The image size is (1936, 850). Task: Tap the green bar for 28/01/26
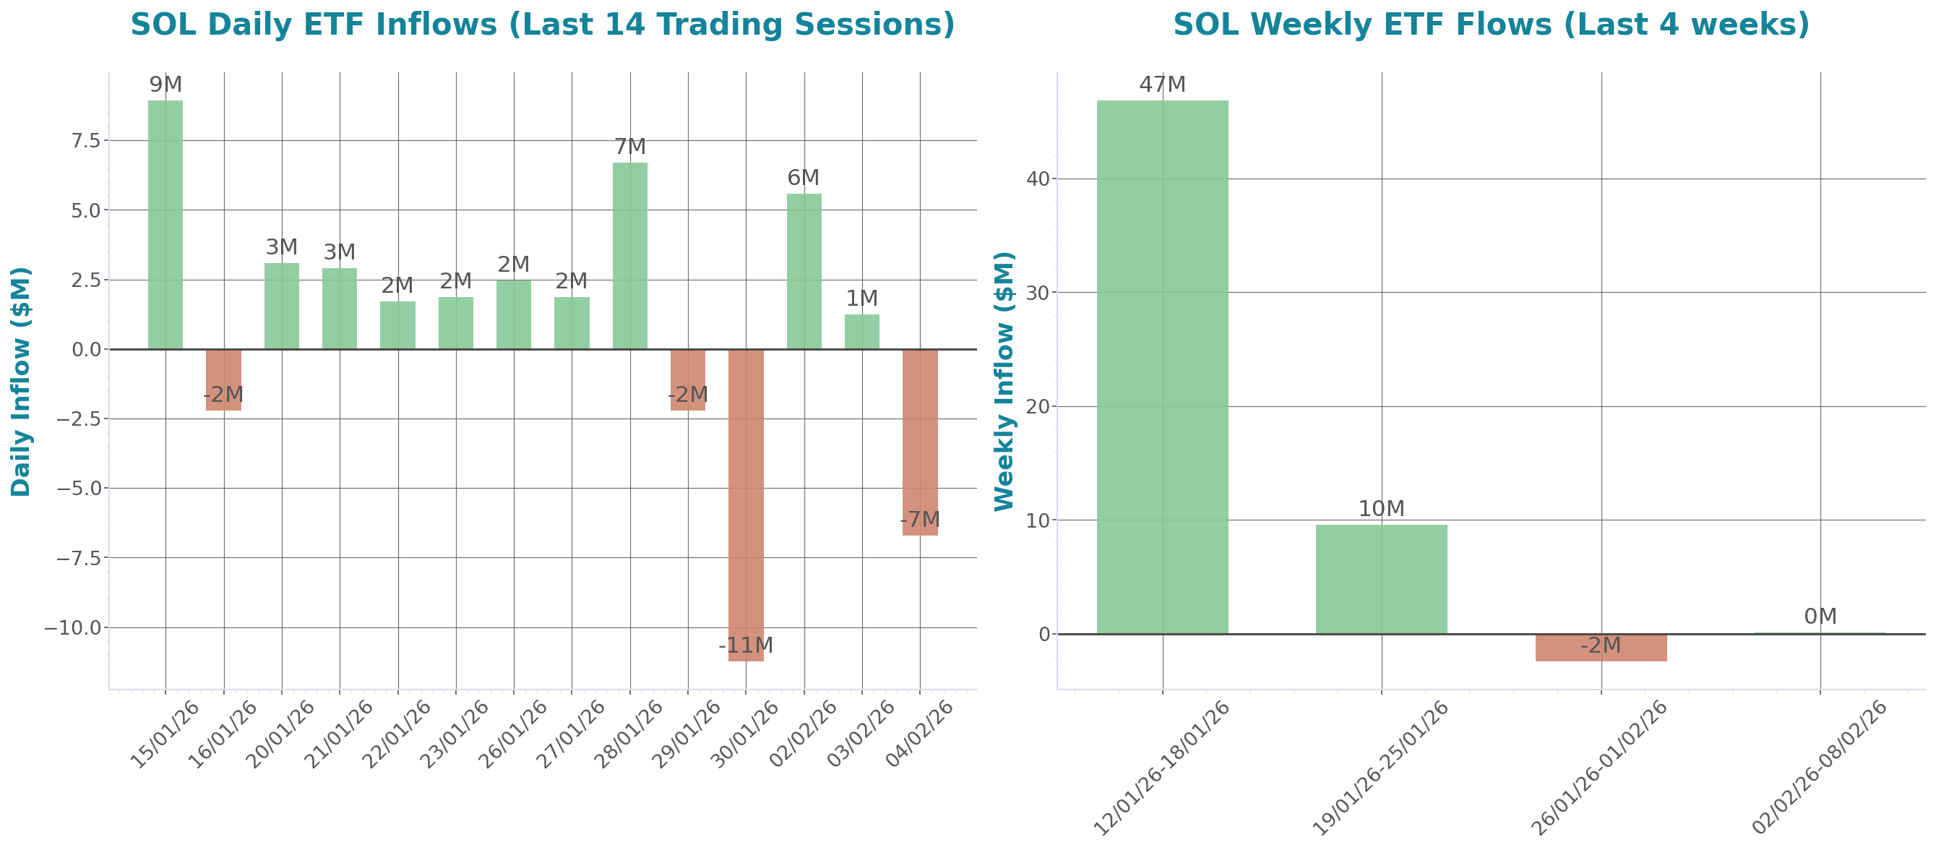(630, 256)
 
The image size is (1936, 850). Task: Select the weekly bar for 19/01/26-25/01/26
(1381, 579)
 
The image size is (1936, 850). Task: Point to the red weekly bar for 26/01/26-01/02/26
(1601, 648)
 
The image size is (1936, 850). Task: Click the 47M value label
(1162, 85)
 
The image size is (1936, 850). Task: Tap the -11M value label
(745, 645)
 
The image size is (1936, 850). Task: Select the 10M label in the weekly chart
(1381, 509)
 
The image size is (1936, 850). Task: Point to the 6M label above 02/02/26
(804, 178)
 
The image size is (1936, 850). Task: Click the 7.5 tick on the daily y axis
(85, 140)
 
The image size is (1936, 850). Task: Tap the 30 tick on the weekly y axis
(1037, 293)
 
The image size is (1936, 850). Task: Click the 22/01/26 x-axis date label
(396, 735)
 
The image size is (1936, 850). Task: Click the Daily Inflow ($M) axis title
(21, 381)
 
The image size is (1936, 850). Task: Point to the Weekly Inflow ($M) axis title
(1004, 381)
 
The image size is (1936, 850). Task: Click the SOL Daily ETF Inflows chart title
(543, 24)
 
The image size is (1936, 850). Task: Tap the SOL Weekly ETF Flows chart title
(1491, 24)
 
